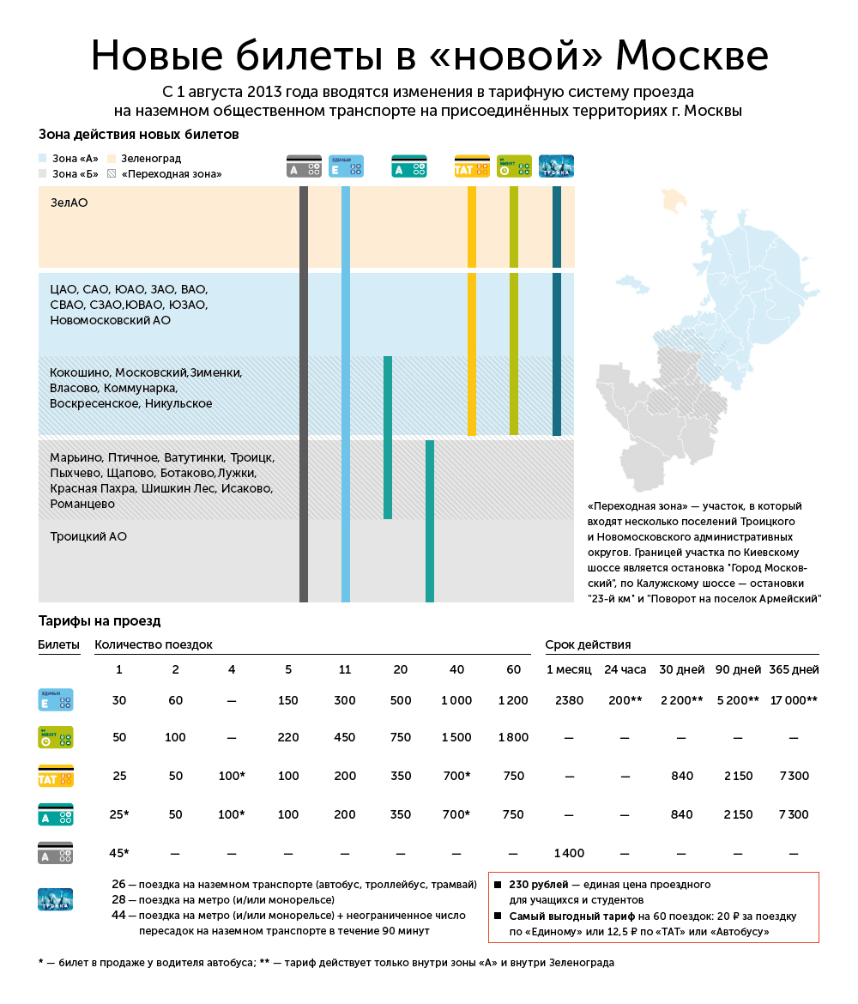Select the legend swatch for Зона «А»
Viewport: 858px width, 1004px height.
(x=43, y=159)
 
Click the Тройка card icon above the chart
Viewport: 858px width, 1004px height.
(x=556, y=166)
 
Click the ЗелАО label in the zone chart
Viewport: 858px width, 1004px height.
(x=69, y=203)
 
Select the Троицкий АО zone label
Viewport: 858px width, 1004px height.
(x=88, y=536)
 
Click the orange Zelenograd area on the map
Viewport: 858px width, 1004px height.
(x=675, y=202)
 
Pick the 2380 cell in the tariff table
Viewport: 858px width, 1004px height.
(x=569, y=700)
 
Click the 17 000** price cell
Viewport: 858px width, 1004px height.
(x=794, y=700)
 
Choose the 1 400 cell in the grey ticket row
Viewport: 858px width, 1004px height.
(x=569, y=853)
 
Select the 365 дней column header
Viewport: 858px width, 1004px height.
(x=794, y=669)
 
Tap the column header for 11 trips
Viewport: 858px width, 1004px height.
(x=344, y=669)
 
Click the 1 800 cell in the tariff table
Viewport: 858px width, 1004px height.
(x=513, y=737)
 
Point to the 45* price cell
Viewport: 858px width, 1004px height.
(x=119, y=853)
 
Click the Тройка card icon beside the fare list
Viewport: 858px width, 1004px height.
(x=55, y=899)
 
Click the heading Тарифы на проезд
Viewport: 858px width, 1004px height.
(x=100, y=620)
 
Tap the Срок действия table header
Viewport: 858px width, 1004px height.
(x=588, y=644)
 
